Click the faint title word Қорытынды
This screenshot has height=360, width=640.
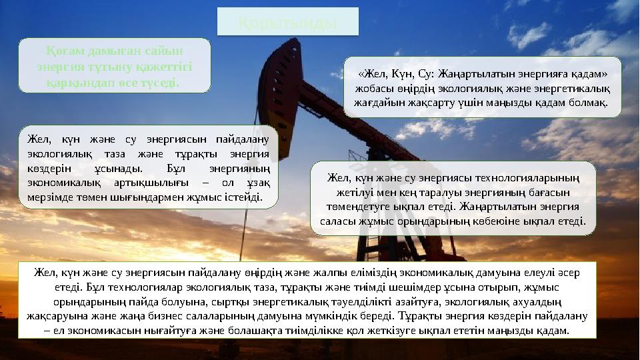coord(287,22)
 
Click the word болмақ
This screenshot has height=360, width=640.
coord(588,104)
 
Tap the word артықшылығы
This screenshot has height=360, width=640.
coord(144,183)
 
